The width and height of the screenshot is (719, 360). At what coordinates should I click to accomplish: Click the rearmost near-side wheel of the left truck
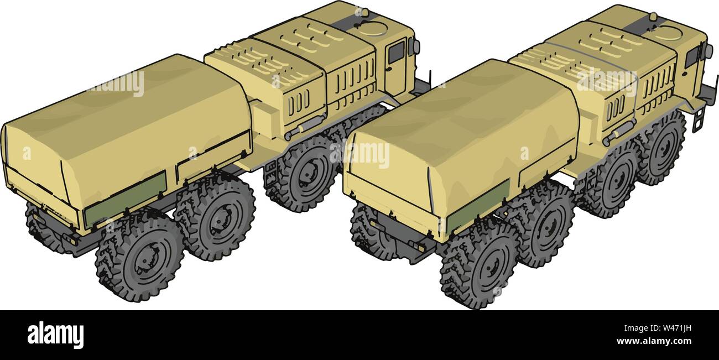[x=139, y=258]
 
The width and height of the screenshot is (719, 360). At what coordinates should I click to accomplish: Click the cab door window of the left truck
[x=395, y=52]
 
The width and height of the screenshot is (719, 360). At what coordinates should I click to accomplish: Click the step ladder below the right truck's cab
[x=698, y=119]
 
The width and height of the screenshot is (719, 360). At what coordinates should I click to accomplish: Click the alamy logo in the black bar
[x=55, y=335]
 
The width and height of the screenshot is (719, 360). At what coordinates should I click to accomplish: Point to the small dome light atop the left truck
[x=363, y=12]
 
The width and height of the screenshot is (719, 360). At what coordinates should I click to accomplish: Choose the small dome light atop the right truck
[x=653, y=17]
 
